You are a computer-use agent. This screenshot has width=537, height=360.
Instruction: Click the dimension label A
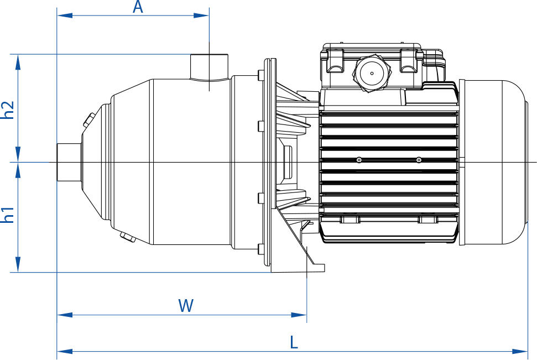[x=138, y=7]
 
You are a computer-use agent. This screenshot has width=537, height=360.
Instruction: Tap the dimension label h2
[x=8, y=110]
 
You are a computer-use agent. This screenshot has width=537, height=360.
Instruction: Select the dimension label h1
[x=8, y=215]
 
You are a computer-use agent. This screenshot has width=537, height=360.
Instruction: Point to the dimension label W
[x=186, y=305]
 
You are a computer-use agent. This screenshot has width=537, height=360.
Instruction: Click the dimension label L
[x=294, y=342]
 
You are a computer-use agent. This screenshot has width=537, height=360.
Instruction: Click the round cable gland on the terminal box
[x=372, y=72]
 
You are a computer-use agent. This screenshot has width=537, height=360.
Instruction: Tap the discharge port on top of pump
[x=209, y=67]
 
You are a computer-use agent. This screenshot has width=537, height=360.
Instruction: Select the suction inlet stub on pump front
[x=69, y=162]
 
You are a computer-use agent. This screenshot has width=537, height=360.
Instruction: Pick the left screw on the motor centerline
[x=359, y=160]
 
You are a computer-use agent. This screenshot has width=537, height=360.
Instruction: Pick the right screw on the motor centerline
[x=419, y=160]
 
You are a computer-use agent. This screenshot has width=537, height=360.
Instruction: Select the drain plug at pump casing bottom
[x=128, y=238]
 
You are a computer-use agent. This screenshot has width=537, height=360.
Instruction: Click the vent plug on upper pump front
[x=88, y=119]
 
